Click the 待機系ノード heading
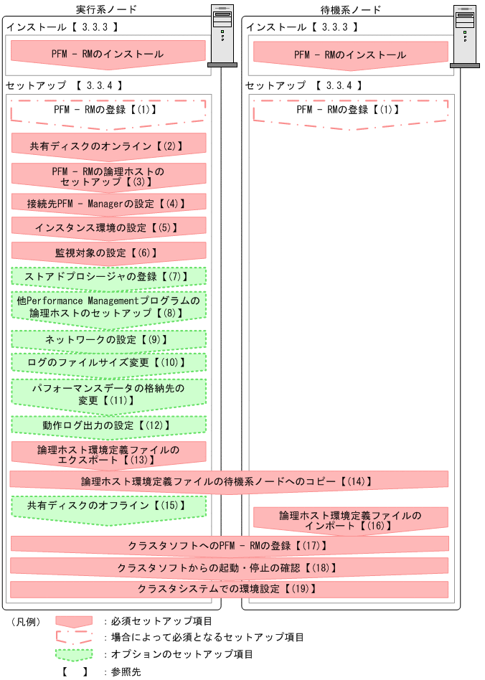click(x=349, y=9)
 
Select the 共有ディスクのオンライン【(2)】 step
click(x=108, y=146)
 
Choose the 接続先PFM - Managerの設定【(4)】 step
click(x=108, y=203)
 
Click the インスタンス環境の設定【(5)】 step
click(x=108, y=227)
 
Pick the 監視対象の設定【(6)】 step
click(x=108, y=252)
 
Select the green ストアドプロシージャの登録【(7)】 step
click(x=108, y=276)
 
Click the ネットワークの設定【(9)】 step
click(x=108, y=339)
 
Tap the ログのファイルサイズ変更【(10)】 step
click(x=108, y=362)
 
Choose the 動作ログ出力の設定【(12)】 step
click(x=108, y=425)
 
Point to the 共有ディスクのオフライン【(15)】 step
click(x=108, y=506)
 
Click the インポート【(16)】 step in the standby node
click(x=351, y=520)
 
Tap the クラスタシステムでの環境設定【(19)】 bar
click(x=229, y=589)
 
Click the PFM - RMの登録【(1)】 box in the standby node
click(x=351, y=110)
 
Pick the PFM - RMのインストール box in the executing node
click(x=108, y=54)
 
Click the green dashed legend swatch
click(x=75, y=654)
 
